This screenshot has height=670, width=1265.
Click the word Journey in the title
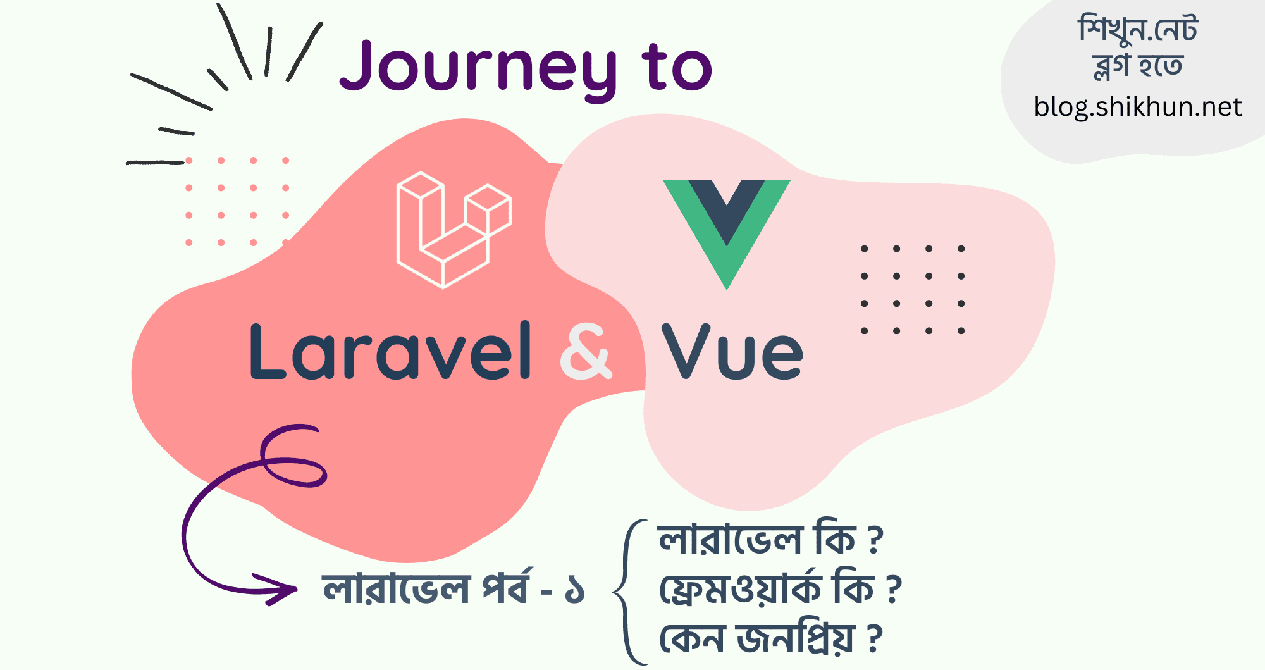pyautogui.click(x=478, y=69)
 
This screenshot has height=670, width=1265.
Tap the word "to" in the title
pyautogui.click(x=677, y=66)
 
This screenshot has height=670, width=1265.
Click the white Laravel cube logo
pyautogui.click(x=454, y=230)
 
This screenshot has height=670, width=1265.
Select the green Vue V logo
pyautogui.click(x=727, y=235)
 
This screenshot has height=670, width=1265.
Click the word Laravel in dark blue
pyautogui.click(x=391, y=351)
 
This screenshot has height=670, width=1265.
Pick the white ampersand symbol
pyautogui.click(x=586, y=351)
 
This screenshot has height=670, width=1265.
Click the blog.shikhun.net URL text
pyautogui.click(x=1138, y=107)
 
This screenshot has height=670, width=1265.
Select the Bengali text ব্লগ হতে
pyautogui.click(x=1138, y=66)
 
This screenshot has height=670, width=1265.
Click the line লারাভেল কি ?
pyautogui.click(x=770, y=539)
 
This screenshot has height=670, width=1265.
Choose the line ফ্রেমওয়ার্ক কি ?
pyautogui.click(x=781, y=588)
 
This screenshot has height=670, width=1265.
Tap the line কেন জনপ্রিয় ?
pyautogui.click(x=770, y=638)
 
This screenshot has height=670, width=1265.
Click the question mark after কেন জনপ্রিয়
pyautogui.click(x=874, y=638)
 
